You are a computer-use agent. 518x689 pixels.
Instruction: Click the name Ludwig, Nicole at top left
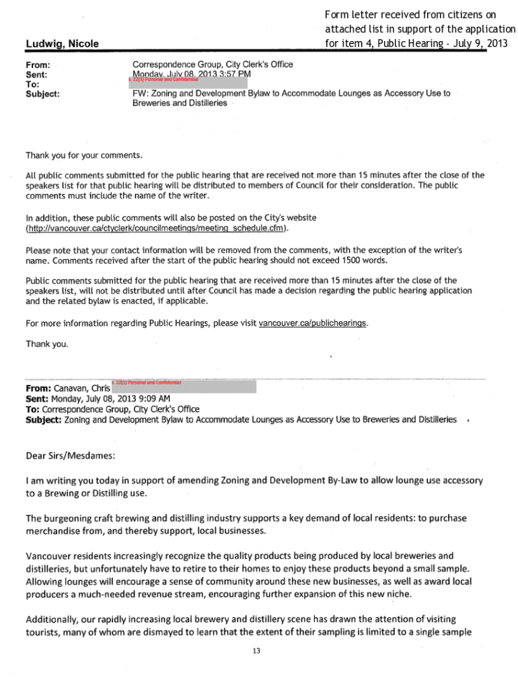pos(62,44)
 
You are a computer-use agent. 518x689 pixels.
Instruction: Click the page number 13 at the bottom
pos(256,651)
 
